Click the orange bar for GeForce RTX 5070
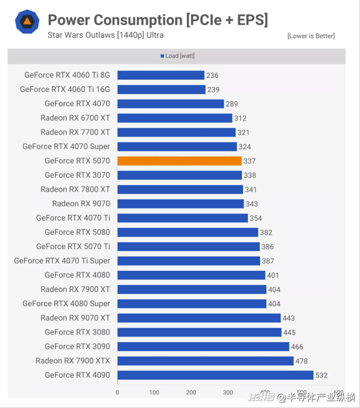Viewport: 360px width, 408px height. pos(179,161)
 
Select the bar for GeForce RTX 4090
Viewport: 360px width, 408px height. pos(215,375)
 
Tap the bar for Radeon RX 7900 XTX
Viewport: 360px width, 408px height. pos(205,361)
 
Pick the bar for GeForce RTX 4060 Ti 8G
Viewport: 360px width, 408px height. pos(161,75)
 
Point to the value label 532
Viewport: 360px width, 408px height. pos(322,375)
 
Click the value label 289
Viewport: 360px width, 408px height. pos(232,104)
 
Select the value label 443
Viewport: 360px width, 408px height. pos(289,318)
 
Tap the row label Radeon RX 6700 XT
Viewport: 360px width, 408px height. pos(75,118)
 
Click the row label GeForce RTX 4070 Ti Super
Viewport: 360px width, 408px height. pos(62,261)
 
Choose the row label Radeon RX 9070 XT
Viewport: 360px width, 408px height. pos(75,318)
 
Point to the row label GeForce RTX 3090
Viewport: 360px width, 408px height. pos(77,346)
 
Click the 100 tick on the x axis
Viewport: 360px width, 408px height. pos(154,392)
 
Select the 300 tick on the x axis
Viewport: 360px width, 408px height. pos(228,392)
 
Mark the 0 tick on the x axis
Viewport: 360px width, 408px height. pos(117,392)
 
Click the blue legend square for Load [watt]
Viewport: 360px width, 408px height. pos(162,56)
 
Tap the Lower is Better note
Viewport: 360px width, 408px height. pos(311,36)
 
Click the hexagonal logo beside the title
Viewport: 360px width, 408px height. pos(26,21)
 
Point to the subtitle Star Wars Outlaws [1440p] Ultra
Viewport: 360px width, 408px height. pos(105,35)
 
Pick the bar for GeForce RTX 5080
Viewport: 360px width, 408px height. pos(187,232)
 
